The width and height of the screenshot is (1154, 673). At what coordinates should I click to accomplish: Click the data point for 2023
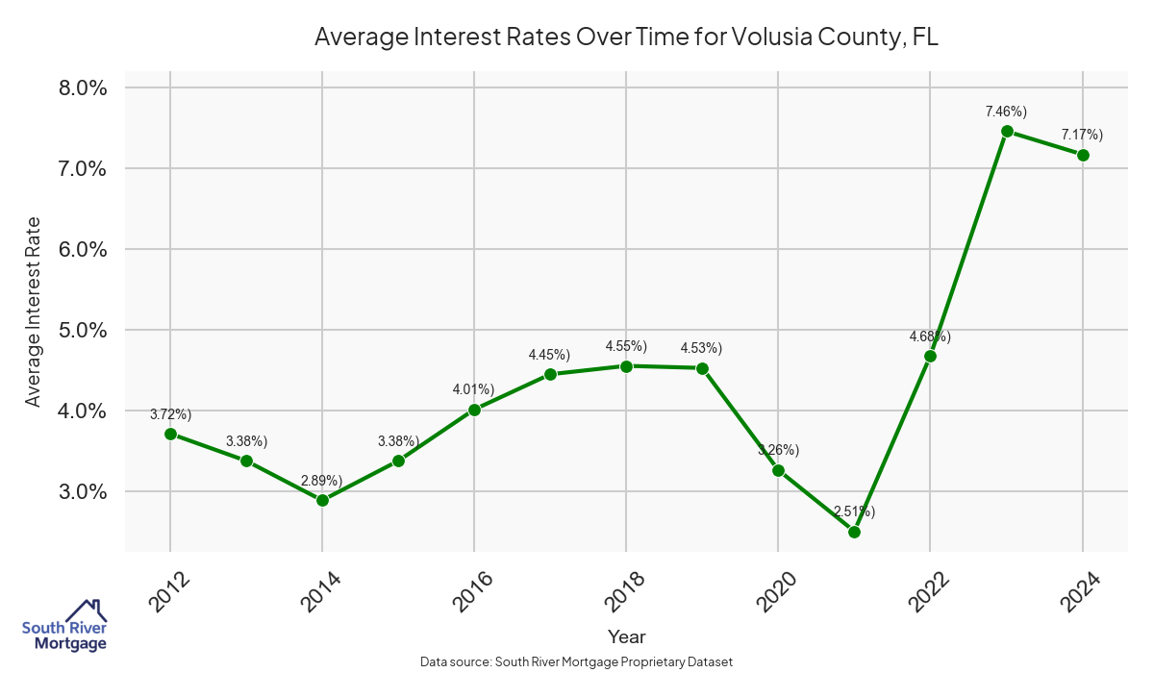pos(1007,131)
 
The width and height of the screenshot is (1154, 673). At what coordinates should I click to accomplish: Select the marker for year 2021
pos(854,532)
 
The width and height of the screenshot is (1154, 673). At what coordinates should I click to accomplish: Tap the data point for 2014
pos(322,500)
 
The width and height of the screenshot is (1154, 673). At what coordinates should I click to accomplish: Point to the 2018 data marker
pos(626,366)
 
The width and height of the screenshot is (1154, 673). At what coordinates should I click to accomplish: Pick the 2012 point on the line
pos(170,434)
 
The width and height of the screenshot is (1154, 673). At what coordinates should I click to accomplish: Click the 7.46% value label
pos(1007,112)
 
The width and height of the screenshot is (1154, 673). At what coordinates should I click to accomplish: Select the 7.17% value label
pos(1082,134)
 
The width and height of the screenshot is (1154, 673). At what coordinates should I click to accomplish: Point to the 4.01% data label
pos(473,389)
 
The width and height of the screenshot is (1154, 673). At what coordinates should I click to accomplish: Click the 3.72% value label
pos(170,414)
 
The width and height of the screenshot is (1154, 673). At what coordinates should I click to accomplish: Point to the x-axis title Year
pos(626,636)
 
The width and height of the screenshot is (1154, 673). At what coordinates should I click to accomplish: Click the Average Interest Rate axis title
pos(34,311)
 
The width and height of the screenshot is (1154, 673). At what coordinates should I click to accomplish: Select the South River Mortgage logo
pos(64,626)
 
